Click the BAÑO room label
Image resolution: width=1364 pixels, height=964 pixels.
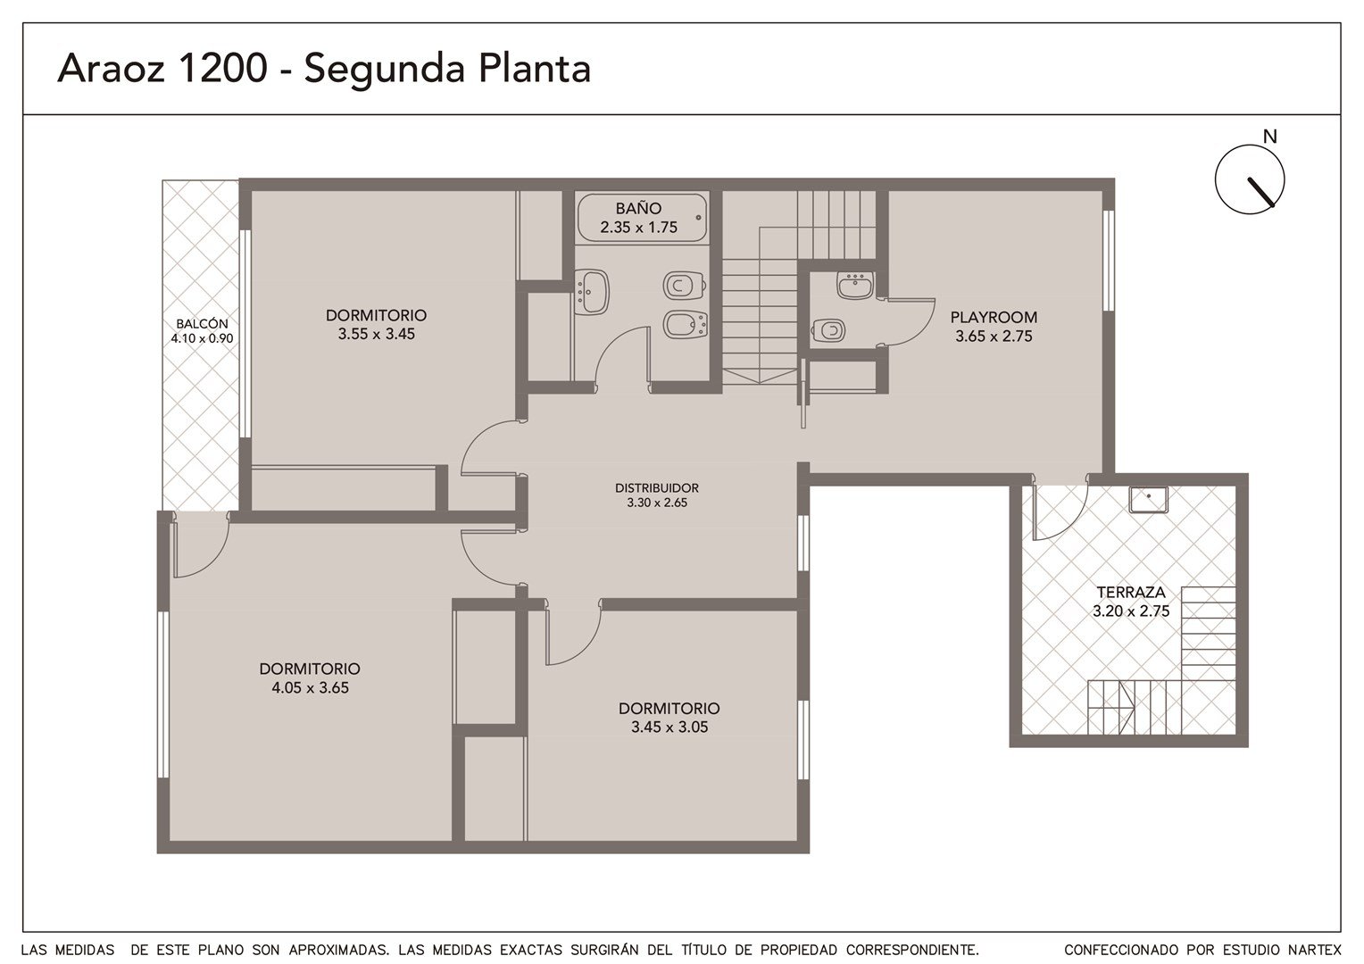638,208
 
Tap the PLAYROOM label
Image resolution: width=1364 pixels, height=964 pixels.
994,317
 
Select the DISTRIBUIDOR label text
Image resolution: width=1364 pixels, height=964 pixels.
656,487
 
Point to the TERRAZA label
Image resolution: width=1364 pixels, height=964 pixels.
1131,592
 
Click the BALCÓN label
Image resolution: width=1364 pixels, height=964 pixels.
202,324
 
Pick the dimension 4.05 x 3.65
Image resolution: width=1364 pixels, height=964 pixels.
310,688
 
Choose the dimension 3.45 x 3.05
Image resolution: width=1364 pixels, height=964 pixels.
670,727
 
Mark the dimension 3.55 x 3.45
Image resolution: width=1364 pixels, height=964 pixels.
377,334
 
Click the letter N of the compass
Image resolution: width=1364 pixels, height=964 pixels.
1269,137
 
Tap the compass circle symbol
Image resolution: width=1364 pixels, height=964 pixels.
1250,179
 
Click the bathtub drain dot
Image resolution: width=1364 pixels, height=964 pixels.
698,218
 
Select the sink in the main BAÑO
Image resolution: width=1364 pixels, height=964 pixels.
591,292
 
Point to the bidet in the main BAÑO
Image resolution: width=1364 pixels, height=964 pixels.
685,325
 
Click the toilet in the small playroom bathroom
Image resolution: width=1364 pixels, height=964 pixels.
828,330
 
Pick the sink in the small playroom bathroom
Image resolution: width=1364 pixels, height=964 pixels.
855,285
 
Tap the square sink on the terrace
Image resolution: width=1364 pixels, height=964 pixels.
1149,499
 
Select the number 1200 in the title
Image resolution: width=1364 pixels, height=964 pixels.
222,68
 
